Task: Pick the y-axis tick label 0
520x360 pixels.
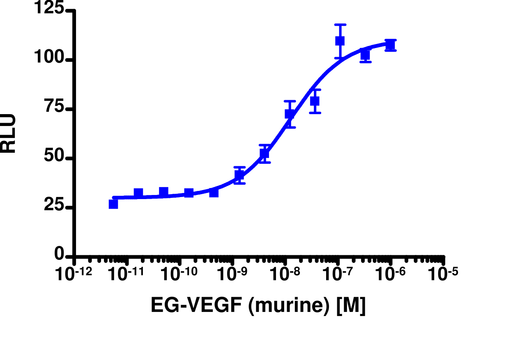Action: [60, 255]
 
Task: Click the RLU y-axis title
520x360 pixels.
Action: [9, 133]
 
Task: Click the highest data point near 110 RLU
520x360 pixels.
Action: [340, 41]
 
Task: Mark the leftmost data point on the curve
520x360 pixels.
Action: [113, 204]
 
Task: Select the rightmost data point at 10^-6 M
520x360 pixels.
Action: [390, 44]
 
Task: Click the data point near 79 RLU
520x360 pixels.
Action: [315, 101]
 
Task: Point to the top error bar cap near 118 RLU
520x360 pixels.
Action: [340, 25]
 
